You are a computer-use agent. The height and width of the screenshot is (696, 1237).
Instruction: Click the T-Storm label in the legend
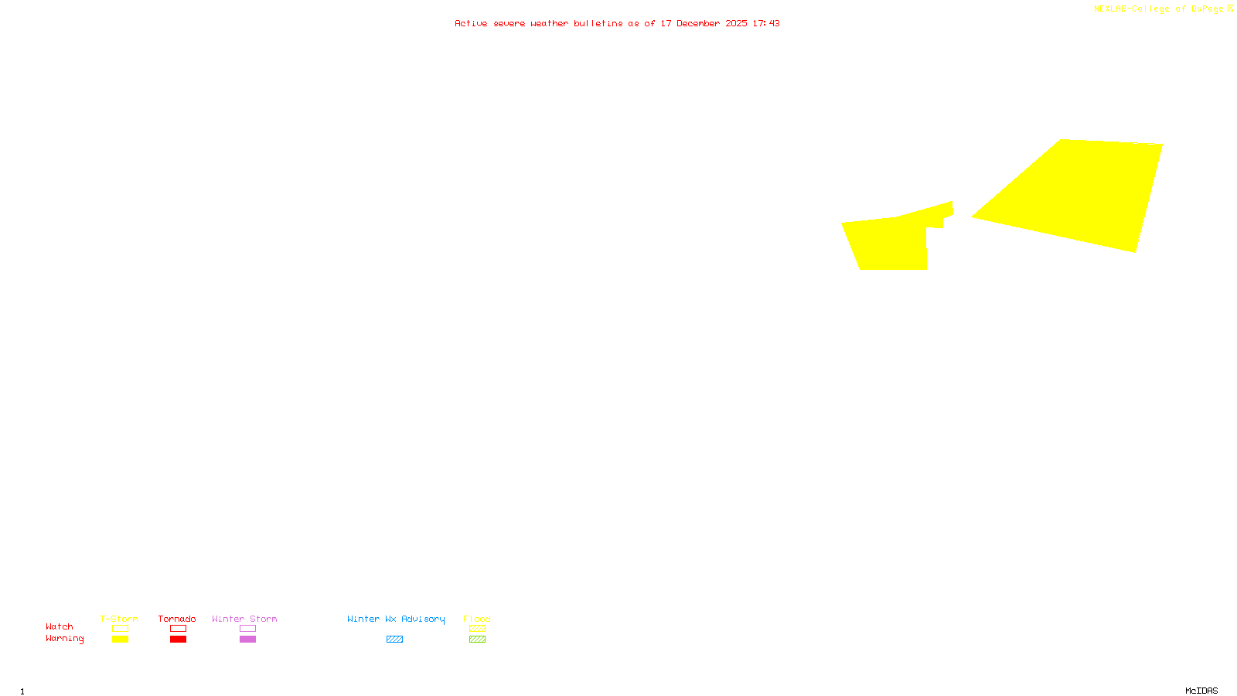[x=119, y=619]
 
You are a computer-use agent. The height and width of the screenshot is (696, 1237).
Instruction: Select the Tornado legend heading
[x=177, y=619]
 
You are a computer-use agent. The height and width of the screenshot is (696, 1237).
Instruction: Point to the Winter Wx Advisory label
[x=396, y=619]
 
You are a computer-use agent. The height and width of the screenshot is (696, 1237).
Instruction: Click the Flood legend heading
[x=477, y=619]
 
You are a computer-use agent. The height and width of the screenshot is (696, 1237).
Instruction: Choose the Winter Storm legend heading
[x=244, y=619]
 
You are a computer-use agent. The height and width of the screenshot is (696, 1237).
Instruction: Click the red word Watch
[x=60, y=626]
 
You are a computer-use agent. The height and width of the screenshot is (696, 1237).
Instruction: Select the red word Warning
[x=65, y=639]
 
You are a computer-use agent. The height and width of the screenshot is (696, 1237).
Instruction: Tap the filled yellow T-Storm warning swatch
[x=120, y=640]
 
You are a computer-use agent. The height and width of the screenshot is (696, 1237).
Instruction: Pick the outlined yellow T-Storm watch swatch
[x=120, y=629]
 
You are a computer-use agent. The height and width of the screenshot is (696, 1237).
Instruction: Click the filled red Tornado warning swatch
[x=179, y=640]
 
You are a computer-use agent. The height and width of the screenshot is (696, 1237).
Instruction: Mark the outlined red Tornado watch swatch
[x=179, y=629]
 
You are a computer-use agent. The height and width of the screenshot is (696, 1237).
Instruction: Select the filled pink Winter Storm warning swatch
[x=247, y=640]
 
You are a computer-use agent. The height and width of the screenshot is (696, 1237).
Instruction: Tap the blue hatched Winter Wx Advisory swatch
[x=394, y=640]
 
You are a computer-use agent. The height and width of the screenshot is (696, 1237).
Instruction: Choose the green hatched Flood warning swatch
[x=477, y=640]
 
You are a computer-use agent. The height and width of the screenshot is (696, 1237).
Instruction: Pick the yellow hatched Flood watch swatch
[x=477, y=629]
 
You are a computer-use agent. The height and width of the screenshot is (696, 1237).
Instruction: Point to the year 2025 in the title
[x=736, y=23]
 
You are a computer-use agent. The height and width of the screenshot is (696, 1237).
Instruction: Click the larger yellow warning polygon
[x=1082, y=193]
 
